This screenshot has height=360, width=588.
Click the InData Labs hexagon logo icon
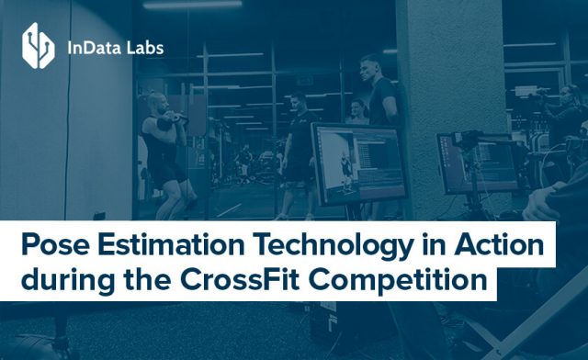click(39, 45)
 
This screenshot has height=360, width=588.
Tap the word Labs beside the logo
click(147, 45)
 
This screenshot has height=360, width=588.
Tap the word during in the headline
click(59, 279)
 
